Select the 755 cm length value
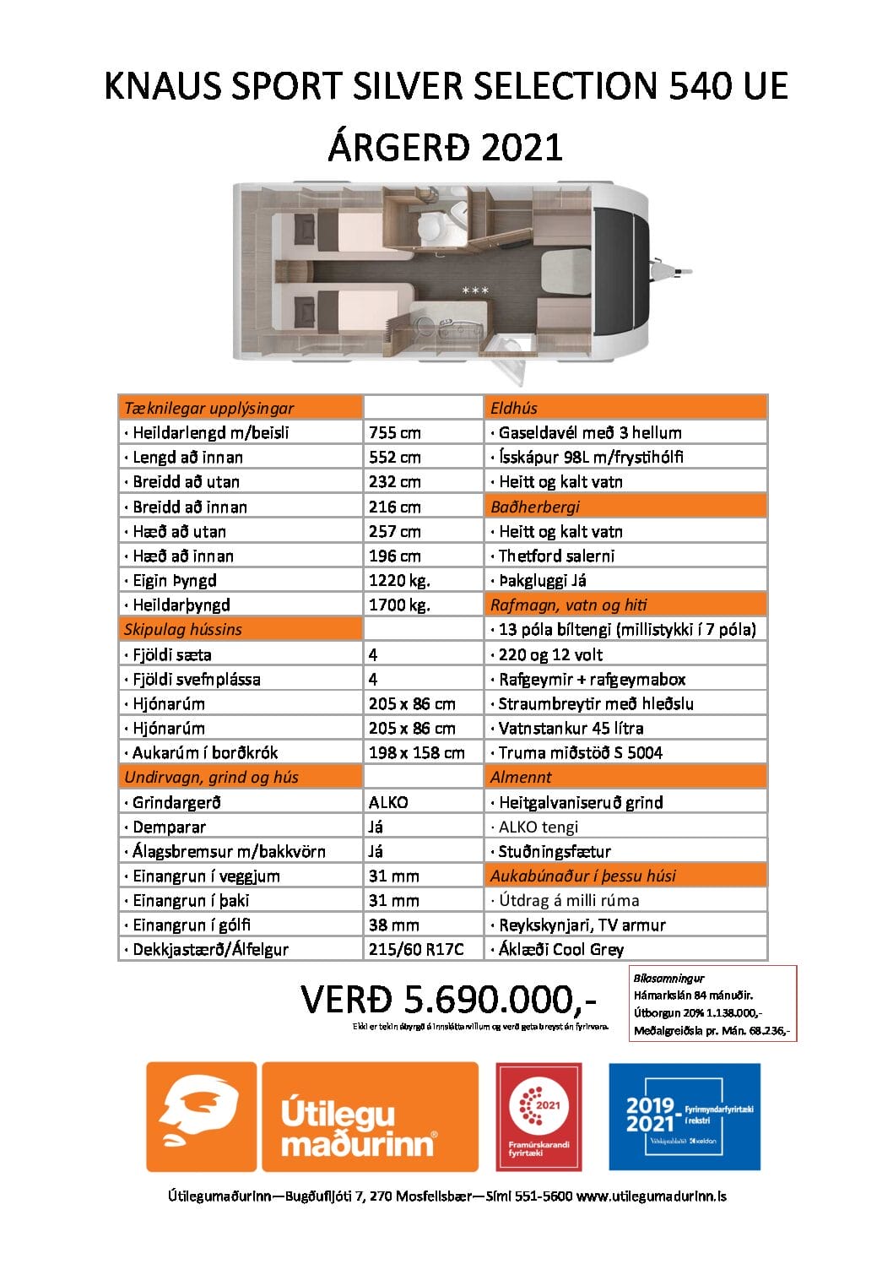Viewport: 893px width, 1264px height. (x=394, y=432)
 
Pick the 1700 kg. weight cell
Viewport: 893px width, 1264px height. (x=399, y=605)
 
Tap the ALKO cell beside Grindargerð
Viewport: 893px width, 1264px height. (x=388, y=802)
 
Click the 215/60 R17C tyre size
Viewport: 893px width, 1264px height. (x=416, y=949)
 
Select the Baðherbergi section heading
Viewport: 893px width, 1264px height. (x=535, y=507)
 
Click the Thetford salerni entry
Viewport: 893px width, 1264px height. (x=556, y=556)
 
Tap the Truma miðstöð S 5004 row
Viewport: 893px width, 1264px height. (x=580, y=752)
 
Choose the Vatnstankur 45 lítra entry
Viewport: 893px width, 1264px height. (x=571, y=728)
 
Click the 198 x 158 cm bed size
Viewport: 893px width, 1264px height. (x=416, y=752)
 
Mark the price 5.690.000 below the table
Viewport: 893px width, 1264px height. (x=448, y=1000)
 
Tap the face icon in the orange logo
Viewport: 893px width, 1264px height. (x=201, y=1116)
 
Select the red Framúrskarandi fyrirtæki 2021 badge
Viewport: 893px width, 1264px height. (x=539, y=1116)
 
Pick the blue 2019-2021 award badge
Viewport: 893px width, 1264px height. (x=685, y=1116)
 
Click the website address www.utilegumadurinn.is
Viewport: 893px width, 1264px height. (x=652, y=1196)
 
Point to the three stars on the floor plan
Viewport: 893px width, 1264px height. (x=475, y=290)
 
